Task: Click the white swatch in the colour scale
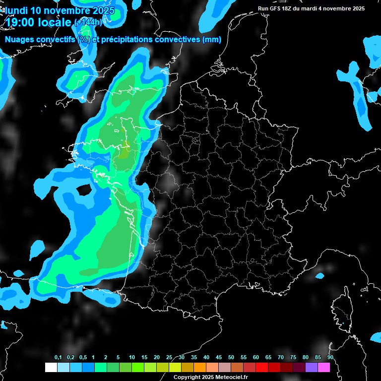click(51, 367)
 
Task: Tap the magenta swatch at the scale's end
click(324, 367)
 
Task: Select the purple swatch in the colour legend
click(312, 367)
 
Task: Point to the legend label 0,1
click(58, 358)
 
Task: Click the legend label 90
click(330, 358)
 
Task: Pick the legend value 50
click(231, 358)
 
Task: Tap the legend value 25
click(169, 358)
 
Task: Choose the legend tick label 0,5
click(83, 358)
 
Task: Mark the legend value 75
click(293, 358)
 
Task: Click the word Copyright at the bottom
click(186, 377)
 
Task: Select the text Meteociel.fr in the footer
click(232, 377)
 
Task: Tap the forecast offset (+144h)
click(88, 22)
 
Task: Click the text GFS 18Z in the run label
click(280, 8)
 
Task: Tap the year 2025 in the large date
click(100, 10)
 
